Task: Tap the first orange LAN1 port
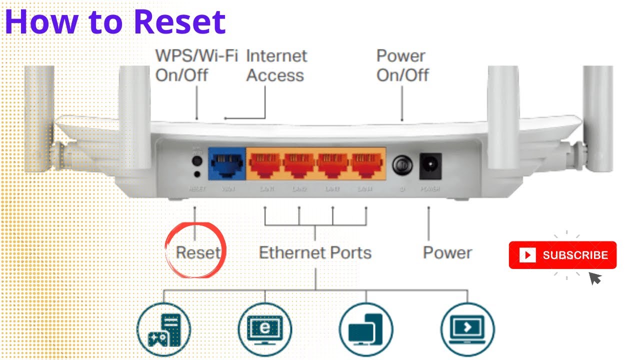265,164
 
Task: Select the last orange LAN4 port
366,164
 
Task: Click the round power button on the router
402,165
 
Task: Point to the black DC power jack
429,165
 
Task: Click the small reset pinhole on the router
196,174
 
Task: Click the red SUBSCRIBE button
562,255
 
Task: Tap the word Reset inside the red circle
198,252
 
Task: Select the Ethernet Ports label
315,252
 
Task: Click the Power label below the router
447,252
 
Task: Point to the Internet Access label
276,65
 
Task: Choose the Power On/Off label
402,65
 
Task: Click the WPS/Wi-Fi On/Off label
196,65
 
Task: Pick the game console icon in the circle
163,329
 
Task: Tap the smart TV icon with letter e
264,329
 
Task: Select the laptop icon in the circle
467,329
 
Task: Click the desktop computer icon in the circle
365,329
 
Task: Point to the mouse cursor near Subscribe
594,278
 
